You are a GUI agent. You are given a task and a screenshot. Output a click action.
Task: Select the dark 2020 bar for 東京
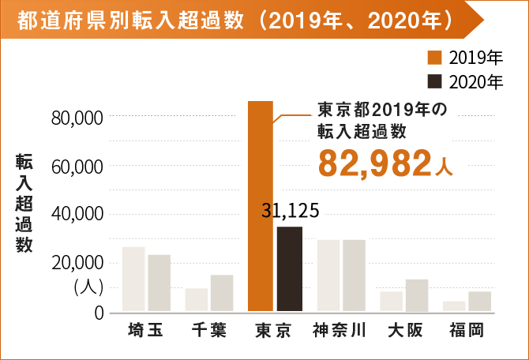pos(289,268)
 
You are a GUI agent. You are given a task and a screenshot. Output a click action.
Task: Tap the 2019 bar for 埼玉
pos(133,279)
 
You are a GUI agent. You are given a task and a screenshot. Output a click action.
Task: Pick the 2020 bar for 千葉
pos(222,293)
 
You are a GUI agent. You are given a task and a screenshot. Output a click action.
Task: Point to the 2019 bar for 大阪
pos(391,302)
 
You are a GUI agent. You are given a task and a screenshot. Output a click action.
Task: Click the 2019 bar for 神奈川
pos(328,276)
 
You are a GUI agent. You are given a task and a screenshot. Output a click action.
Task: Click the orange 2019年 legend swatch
pos(433,58)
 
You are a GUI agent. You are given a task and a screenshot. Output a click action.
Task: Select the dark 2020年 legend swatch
pos(433,81)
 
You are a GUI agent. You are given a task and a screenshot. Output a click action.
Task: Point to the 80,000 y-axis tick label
pos(77,118)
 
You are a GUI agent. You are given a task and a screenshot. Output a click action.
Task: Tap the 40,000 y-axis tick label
pos(77,215)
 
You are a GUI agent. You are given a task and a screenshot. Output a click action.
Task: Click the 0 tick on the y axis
pos(98,313)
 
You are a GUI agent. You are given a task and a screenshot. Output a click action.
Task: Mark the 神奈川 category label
pos(340,330)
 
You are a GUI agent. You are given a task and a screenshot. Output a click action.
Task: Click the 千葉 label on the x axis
pos(208,330)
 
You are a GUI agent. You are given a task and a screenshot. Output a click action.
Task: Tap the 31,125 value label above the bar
pos(289,211)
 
